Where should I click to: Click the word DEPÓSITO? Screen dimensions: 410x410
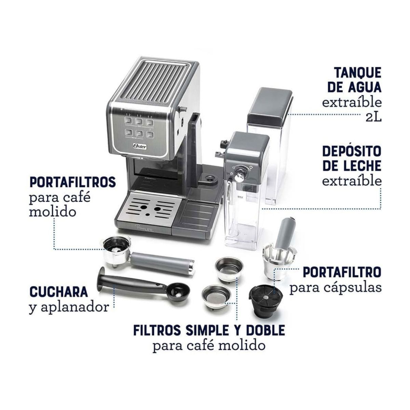[352, 151]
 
